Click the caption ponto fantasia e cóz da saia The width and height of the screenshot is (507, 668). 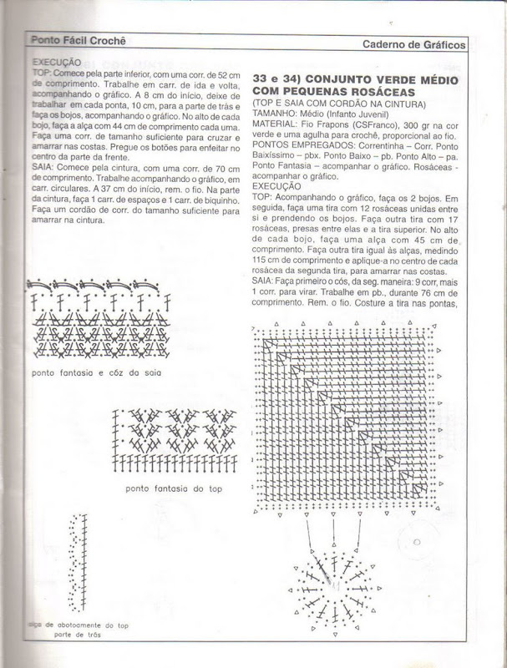click(x=94, y=372)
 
